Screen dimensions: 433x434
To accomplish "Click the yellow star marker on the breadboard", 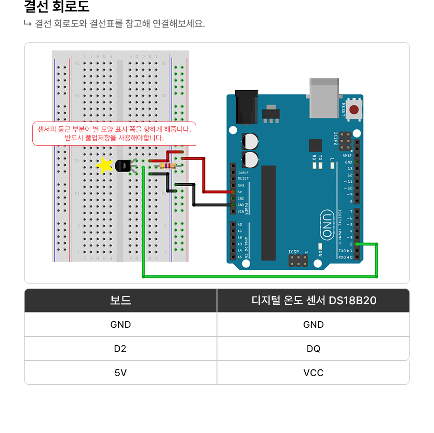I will [104, 165].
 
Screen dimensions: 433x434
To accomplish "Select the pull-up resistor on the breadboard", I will [167, 166].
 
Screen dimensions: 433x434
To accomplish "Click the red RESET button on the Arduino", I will [354, 109].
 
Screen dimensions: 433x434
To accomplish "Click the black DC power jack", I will [246, 106].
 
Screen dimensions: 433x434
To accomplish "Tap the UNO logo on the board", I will [327, 224].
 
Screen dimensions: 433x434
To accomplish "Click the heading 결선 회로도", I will [57, 7].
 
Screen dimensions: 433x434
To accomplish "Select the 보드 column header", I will [121, 300].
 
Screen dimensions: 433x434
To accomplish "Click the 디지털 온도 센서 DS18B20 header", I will [313, 300].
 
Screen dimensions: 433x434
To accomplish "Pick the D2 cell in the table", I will [121, 349].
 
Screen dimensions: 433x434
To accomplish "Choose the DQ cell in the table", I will [313, 349].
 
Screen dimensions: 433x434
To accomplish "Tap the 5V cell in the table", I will [121, 373].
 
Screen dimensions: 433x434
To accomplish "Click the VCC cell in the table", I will [313, 373].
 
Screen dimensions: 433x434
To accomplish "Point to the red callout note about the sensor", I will [114, 134].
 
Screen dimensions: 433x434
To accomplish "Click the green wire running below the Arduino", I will [260, 277].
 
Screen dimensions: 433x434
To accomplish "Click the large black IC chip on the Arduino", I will [269, 213].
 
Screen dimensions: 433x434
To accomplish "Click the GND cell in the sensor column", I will [313, 325].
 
